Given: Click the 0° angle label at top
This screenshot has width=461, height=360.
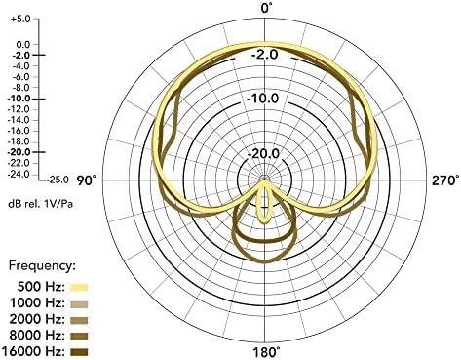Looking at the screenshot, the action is pyautogui.click(x=267, y=8).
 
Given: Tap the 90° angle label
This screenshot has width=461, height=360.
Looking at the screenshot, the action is pyautogui.click(x=87, y=180).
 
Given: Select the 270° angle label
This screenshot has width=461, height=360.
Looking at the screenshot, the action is pyautogui.click(x=445, y=180).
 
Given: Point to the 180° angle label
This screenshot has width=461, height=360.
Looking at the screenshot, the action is pyautogui.click(x=266, y=352).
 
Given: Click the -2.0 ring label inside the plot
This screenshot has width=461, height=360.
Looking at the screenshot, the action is pyautogui.click(x=265, y=54).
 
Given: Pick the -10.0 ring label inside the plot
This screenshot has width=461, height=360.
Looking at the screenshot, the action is pyautogui.click(x=262, y=98).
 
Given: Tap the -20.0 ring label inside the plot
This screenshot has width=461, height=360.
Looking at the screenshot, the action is pyautogui.click(x=263, y=153).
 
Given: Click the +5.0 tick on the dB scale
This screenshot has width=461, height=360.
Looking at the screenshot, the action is pyautogui.click(x=20, y=19).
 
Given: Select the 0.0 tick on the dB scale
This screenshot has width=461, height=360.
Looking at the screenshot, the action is pyautogui.click(x=22, y=44).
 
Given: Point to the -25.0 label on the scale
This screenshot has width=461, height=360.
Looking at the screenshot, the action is pyautogui.click(x=58, y=180).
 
